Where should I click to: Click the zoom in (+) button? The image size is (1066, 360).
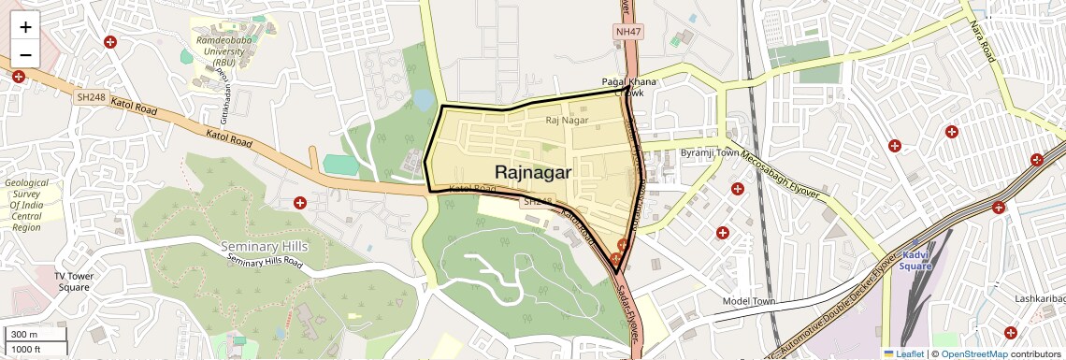coord(25,26)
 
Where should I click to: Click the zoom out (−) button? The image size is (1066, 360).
coord(25,54)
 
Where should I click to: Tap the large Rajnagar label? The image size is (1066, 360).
coord(533,172)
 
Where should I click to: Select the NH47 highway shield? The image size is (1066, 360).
coord(628,32)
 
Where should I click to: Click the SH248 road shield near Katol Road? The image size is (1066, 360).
coord(92,96)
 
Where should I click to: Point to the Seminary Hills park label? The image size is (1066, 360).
coord(264,247)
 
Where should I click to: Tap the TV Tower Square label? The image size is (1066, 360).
coord(71,281)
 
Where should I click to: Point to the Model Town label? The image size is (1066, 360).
coord(750,302)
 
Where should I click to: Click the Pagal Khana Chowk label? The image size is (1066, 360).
coord(629,87)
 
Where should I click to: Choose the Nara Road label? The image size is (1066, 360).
coord(981,42)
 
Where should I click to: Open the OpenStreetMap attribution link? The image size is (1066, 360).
coord(973,354)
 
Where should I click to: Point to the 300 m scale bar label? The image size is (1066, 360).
coord(24,335)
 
